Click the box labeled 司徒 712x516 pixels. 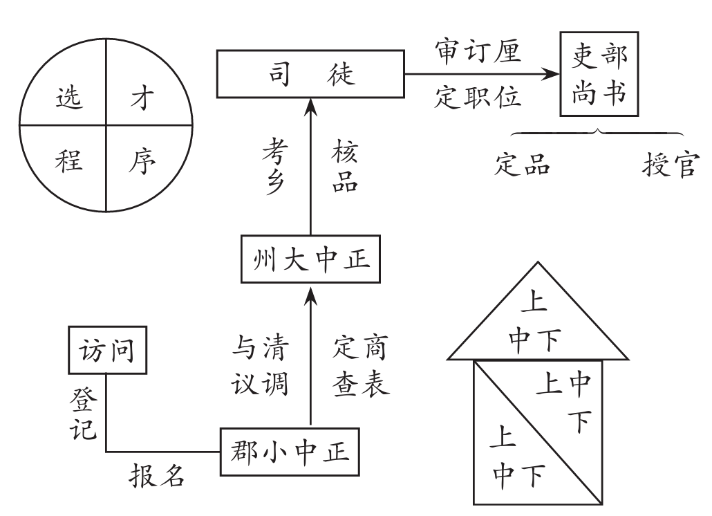[x=310, y=73]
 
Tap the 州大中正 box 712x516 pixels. [x=310, y=259]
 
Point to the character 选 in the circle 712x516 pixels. [x=68, y=99]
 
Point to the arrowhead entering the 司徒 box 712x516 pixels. [x=310, y=105]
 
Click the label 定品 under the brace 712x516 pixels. [x=523, y=166]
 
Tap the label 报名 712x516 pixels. [x=158, y=477]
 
